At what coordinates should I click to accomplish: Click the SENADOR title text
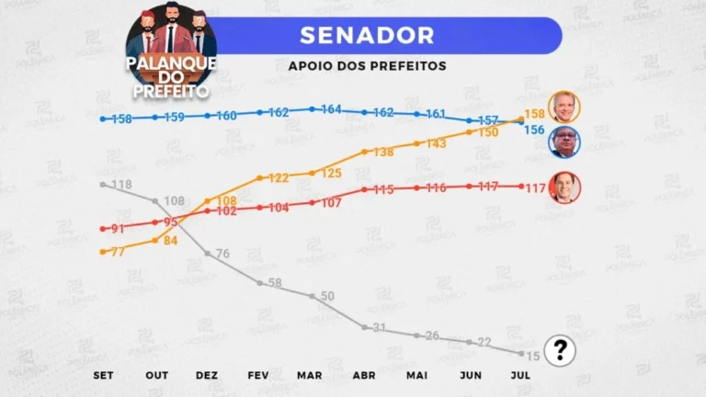coord(367,36)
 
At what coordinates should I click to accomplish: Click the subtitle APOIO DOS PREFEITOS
coord(368,66)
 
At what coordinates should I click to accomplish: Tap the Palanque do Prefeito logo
coord(171,51)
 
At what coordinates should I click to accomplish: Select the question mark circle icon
coord(560,351)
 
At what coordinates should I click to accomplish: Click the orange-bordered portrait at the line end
coord(564,108)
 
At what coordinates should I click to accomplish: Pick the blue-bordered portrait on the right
coord(564,142)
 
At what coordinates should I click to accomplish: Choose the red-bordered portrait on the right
coord(564,187)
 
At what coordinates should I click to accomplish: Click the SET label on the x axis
coord(103,375)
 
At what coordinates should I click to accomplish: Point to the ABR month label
coord(364,375)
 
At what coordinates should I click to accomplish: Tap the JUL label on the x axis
coord(520,375)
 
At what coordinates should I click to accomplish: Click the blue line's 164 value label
coord(331,109)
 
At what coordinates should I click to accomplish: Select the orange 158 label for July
coord(535,114)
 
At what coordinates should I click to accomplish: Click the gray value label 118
coord(121,185)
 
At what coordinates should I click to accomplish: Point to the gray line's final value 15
coord(533,357)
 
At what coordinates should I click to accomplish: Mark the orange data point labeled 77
coord(103,252)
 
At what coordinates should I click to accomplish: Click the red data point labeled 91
coord(103,229)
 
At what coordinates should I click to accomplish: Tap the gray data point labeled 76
coord(208,254)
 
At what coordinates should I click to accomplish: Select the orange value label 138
coord(383,153)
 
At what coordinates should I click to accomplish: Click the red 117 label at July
coord(535,188)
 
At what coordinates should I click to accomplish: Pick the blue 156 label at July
coord(534,130)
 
